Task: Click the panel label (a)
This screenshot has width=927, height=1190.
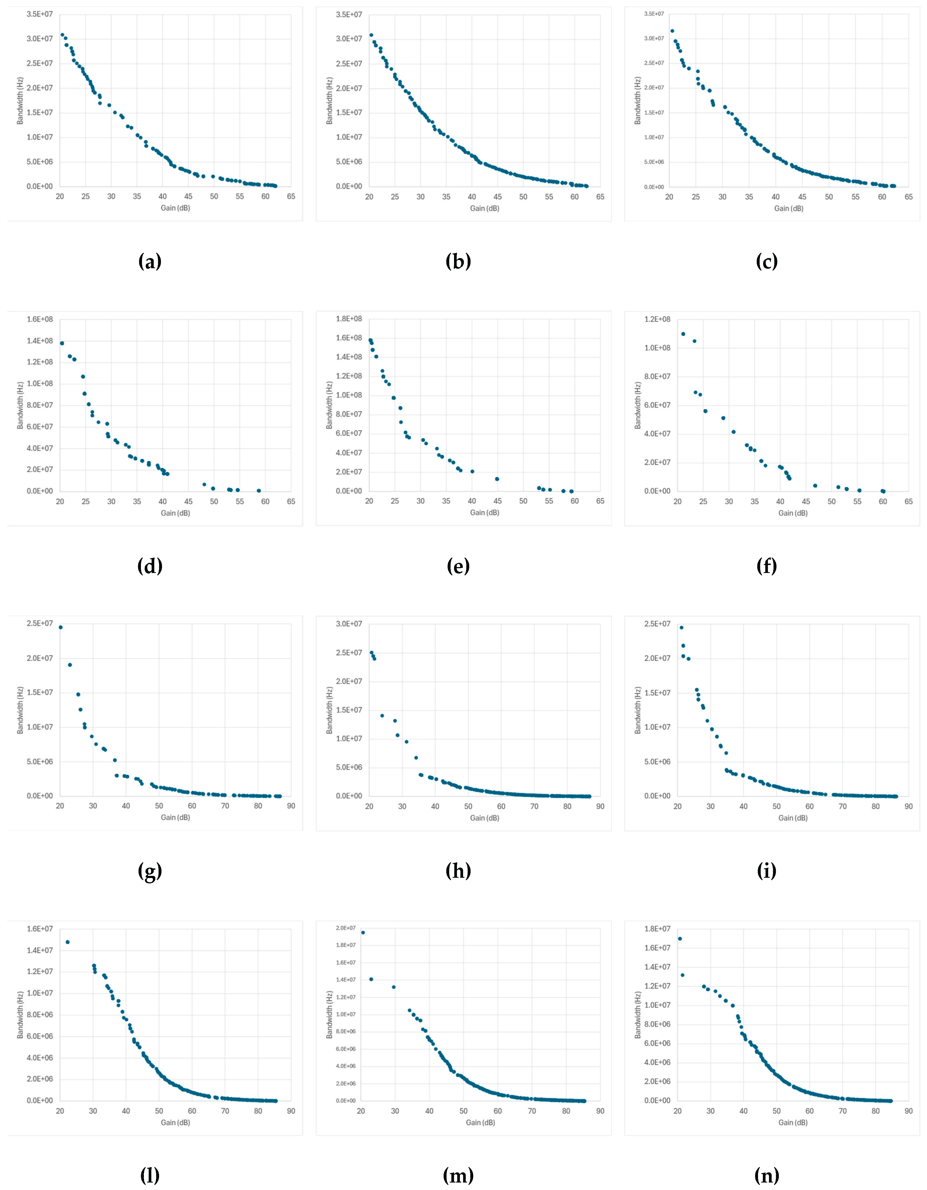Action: (150, 262)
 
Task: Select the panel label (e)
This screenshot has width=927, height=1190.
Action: (458, 567)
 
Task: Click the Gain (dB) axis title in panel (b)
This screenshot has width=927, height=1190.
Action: (484, 208)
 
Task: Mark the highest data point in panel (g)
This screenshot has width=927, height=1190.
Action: (61, 627)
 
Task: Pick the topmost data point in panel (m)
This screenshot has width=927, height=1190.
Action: (363, 932)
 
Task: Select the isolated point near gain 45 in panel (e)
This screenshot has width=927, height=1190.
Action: (497, 479)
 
